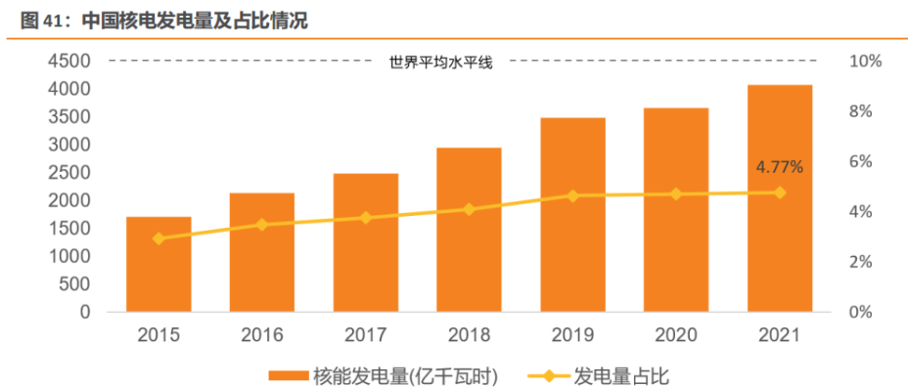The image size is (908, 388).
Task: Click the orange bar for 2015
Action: tap(159, 264)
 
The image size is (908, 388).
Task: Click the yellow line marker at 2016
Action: tap(262, 225)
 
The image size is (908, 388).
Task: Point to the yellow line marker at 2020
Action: tap(676, 194)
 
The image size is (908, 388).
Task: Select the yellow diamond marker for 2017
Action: tap(366, 218)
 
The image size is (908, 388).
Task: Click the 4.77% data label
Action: tap(779, 167)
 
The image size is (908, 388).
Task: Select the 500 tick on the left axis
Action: tap(74, 284)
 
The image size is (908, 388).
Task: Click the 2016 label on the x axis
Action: tap(262, 335)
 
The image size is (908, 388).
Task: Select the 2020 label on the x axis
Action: tap(676, 335)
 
